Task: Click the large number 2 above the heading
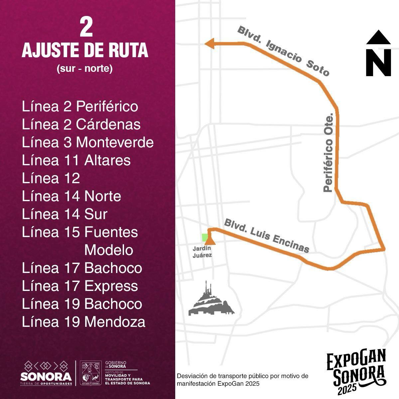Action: pos(86,28)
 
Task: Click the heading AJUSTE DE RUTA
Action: pos(85,51)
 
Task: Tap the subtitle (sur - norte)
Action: pos(85,69)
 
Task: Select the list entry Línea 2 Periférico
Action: pos(80,107)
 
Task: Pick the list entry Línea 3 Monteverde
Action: pos(88,142)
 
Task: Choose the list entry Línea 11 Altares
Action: pos(76,160)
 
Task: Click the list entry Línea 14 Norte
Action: pos(71,196)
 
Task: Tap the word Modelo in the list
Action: pos(109,250)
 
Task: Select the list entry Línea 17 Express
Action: pos(80,286)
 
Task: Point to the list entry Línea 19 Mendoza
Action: pos(83,322)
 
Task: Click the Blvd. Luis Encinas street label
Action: pos(267,236)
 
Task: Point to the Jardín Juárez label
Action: pos(202,252)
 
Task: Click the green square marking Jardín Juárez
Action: pos(205,237)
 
